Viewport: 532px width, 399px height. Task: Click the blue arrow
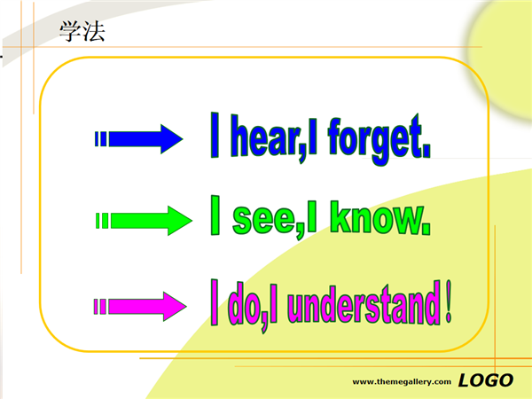click(x=139, y=139)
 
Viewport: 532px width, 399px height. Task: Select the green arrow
click(x=144, y=221)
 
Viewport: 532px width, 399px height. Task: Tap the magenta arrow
click(x=140, y=307)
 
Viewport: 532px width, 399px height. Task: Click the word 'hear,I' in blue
click(x=274, y=139)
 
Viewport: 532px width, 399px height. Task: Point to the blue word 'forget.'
click(x=379, y=140)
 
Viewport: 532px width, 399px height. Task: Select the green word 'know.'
click(x=380, y=217)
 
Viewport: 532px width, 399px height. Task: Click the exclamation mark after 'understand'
click(x=449, y=301)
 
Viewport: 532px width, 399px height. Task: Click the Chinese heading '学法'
click(x=82, y=31)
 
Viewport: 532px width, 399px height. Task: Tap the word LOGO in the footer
click(x=486, y=380)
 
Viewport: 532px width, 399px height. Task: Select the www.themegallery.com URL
click(x=402, y=382)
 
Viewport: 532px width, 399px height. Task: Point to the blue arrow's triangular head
click(x=172, y=139)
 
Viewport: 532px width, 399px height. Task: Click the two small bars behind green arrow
click(x=102, y=221)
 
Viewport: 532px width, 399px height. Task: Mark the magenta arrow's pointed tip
click(x=186, y=307)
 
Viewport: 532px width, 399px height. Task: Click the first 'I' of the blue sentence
click(x=215, y=135)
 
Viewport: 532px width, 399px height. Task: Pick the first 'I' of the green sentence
click(x=215, y=215)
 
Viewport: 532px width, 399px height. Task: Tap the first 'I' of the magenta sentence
click(x=214, y=302)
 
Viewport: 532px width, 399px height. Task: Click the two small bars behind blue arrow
click(x=101, y=139)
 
